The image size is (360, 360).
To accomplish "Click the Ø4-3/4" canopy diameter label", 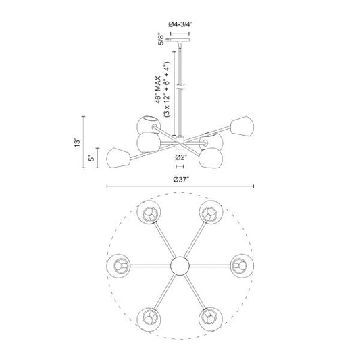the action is (180, 24).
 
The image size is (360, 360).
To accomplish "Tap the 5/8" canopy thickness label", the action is (162, 39).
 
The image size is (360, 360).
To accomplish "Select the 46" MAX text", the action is (159, 90).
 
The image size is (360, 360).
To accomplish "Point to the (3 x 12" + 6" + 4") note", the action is (166, 90).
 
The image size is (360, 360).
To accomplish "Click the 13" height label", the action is (78, 143).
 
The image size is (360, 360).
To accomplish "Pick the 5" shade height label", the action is (91, 158).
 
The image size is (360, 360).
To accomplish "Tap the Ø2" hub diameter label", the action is (182, 157).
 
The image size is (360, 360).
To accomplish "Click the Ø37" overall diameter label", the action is (181, 179).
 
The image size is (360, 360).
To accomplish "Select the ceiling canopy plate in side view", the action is (180, 40).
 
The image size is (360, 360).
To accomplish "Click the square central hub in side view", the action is (180, 142).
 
